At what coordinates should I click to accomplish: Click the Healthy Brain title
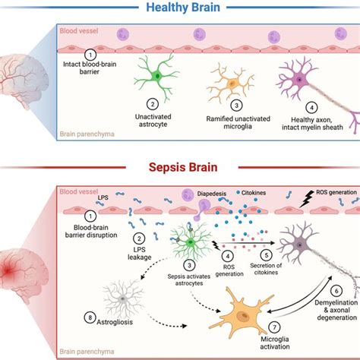click(x=183, y=8)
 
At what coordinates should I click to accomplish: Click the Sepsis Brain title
click(x=183, y=167)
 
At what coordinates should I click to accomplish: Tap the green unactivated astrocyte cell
click(x=157, y=76)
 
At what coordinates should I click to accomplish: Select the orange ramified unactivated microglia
click(x=232, y=83)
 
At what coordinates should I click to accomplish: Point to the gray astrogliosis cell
click(x=123, y=298)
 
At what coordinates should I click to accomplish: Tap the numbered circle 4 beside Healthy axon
click(x=311, y=108)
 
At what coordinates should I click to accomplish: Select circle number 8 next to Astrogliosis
click(x=90, y=317)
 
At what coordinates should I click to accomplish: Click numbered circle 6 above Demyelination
click(x=336, y=291)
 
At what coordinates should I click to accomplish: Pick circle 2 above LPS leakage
click(x=139, y=238)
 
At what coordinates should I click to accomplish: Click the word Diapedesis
click(x=212, y=194)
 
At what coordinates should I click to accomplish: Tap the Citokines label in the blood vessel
click(x=254, y=193)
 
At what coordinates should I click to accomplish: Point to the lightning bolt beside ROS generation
click(x=307, y=199)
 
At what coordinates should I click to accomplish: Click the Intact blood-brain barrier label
click(x=90, y=68)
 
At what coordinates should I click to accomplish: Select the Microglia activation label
click(x=275, y=343)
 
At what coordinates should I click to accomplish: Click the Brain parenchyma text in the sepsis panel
click(x=87, y=352)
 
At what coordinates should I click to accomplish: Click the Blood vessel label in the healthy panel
click(x=79, y=31)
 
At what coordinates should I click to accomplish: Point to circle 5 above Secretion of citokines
click(x=267, y=255)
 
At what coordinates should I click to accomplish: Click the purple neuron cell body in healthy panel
click(x=299, y=81)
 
